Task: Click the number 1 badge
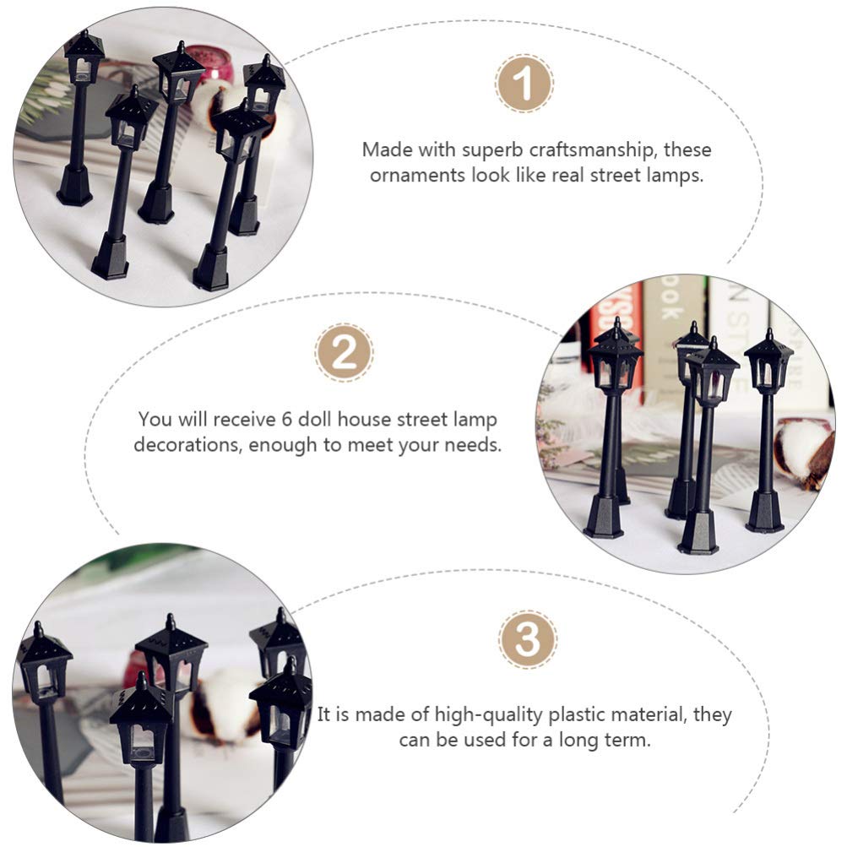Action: click(524, 84)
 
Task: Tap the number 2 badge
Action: click(344, 352)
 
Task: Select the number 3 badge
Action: click(527, 639)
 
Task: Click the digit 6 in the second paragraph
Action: click(287, 419)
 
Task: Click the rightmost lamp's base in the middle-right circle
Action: click(764, 510)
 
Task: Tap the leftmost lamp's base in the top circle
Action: click(74, 186)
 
